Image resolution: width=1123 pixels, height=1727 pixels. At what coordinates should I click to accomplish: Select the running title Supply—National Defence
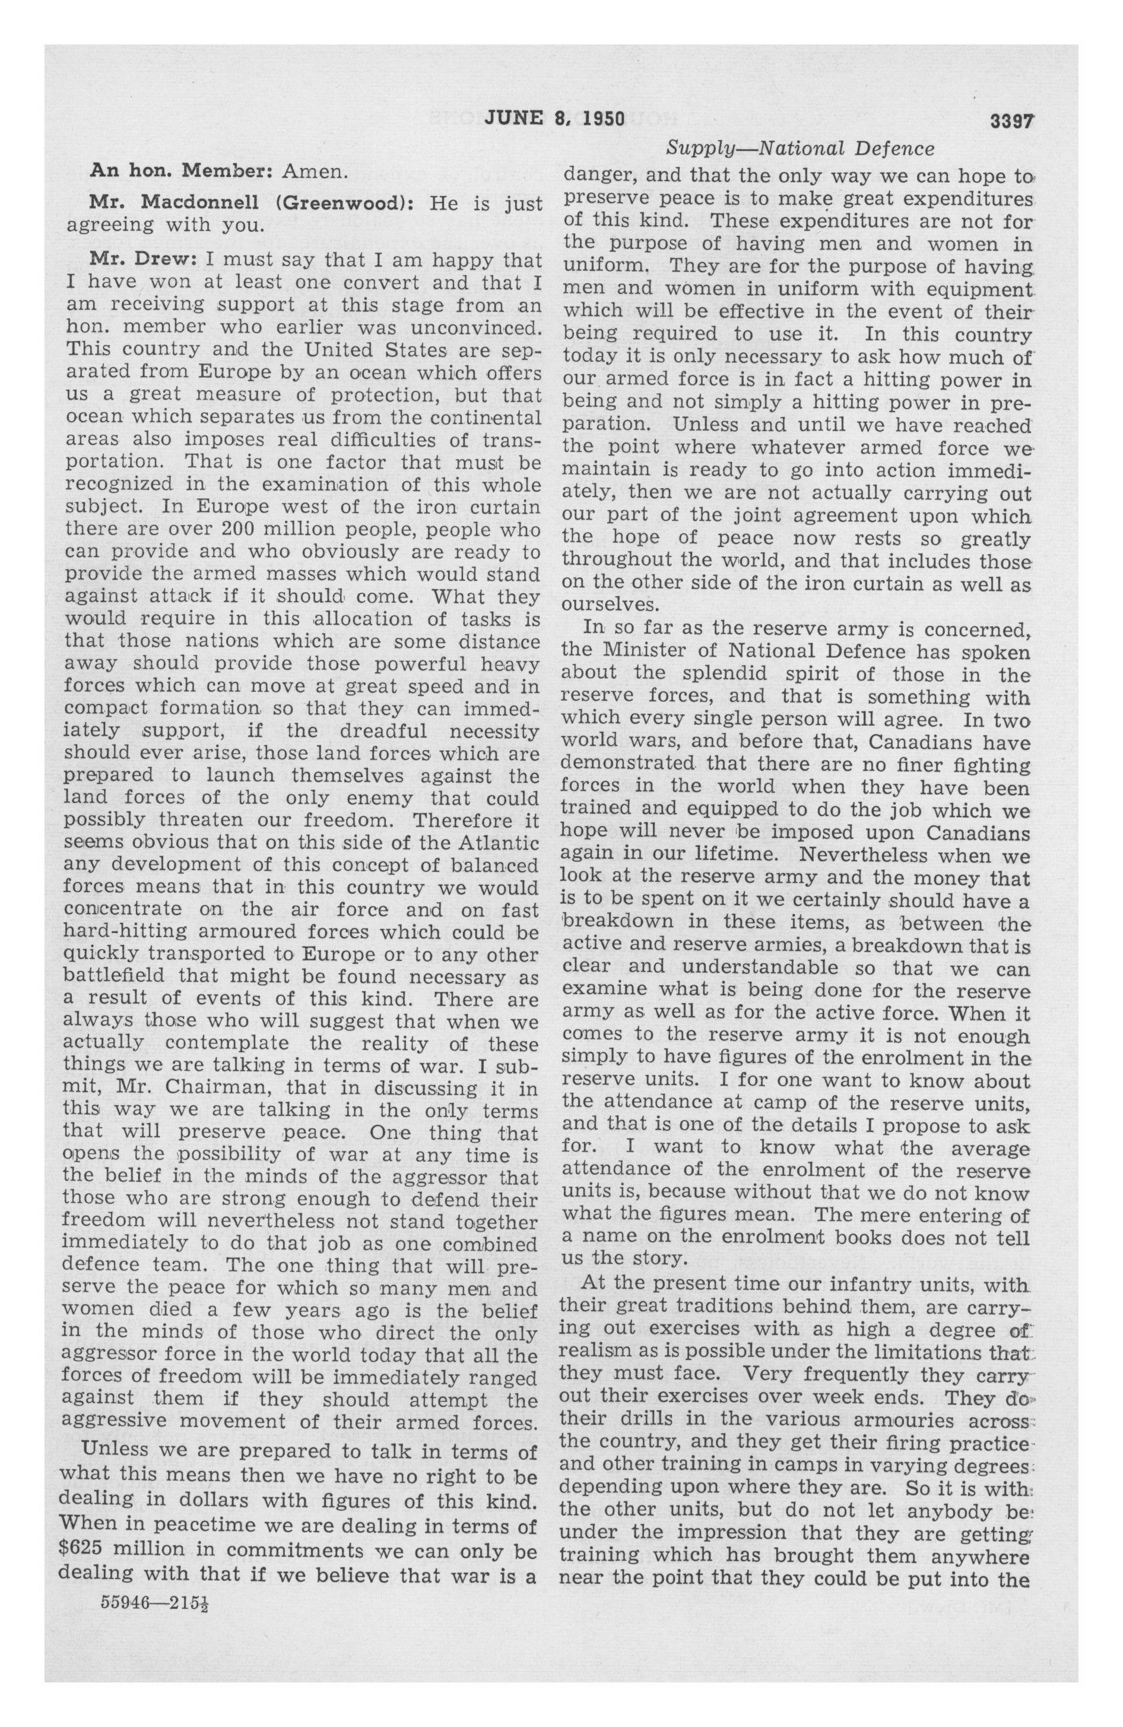800,148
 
